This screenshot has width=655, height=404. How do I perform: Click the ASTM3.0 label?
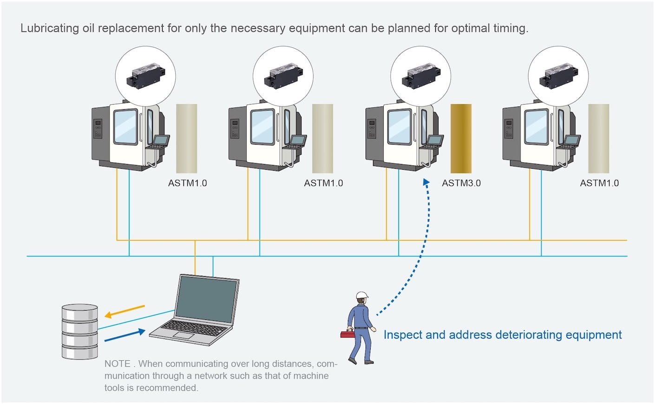click(461, 183)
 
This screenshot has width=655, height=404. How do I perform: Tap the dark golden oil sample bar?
click(461, 139)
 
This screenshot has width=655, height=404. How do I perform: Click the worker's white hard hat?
click(362, 295)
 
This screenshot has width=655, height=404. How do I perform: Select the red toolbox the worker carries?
click(347, 334)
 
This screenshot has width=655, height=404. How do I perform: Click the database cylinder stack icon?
click(80, 331)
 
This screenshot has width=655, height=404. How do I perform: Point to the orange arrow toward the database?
click(124, 311)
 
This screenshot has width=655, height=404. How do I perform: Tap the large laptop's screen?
click(208, 298)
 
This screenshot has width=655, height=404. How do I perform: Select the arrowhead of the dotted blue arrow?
click(426, 183)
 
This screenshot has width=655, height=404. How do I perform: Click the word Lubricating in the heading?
click(50, 28)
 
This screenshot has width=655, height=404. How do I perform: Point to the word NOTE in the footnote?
click(117, 364)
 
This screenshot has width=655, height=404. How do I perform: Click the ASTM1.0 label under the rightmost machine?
click(599, 183)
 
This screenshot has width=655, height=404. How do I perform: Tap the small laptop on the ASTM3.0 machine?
click(434, 141)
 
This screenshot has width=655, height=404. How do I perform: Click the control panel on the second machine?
click(235, 129)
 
